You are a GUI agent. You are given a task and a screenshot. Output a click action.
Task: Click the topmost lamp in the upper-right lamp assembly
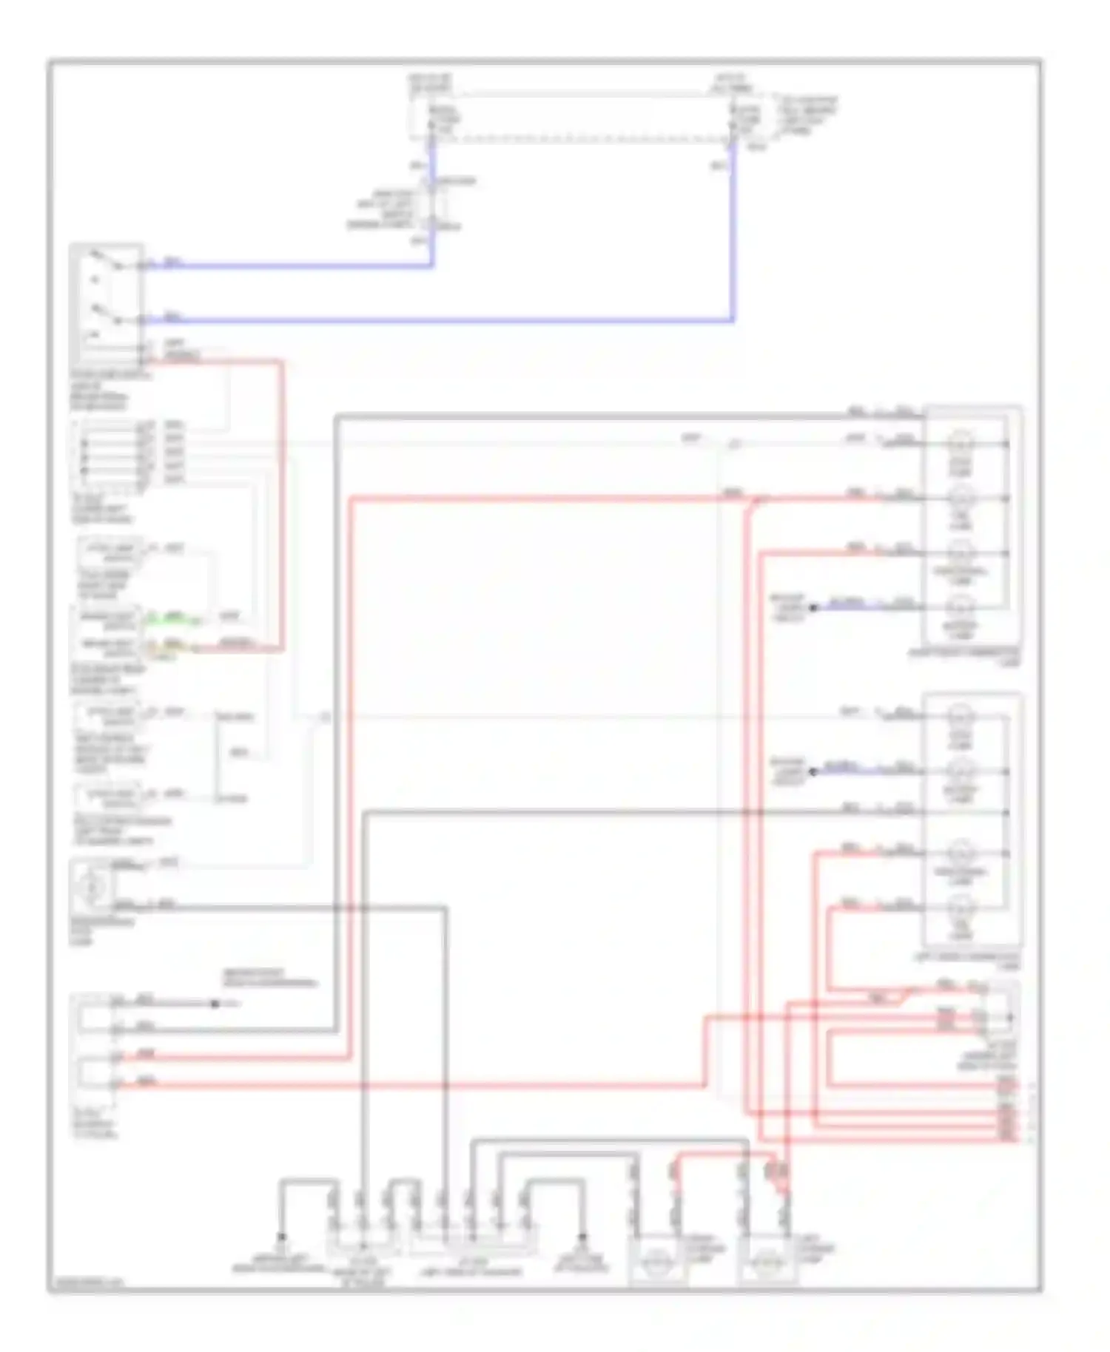tap(961, 444)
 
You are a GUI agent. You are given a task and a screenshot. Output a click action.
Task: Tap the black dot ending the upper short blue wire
tap(813, 608)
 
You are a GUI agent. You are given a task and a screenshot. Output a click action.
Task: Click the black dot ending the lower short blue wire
tap(813, 772)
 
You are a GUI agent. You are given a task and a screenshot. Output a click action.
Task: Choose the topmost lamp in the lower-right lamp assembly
tap(961, 715)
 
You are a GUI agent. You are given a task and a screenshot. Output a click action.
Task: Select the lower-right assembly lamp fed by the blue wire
tap(961, 771)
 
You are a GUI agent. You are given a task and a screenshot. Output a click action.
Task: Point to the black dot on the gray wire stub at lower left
tap(215, 1004)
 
